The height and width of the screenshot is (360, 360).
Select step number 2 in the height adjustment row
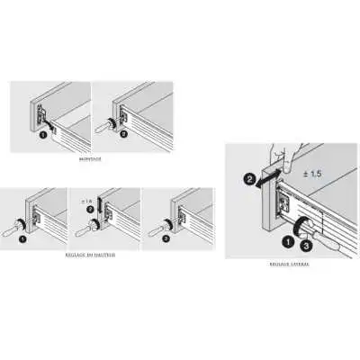[x=90, y=209]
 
